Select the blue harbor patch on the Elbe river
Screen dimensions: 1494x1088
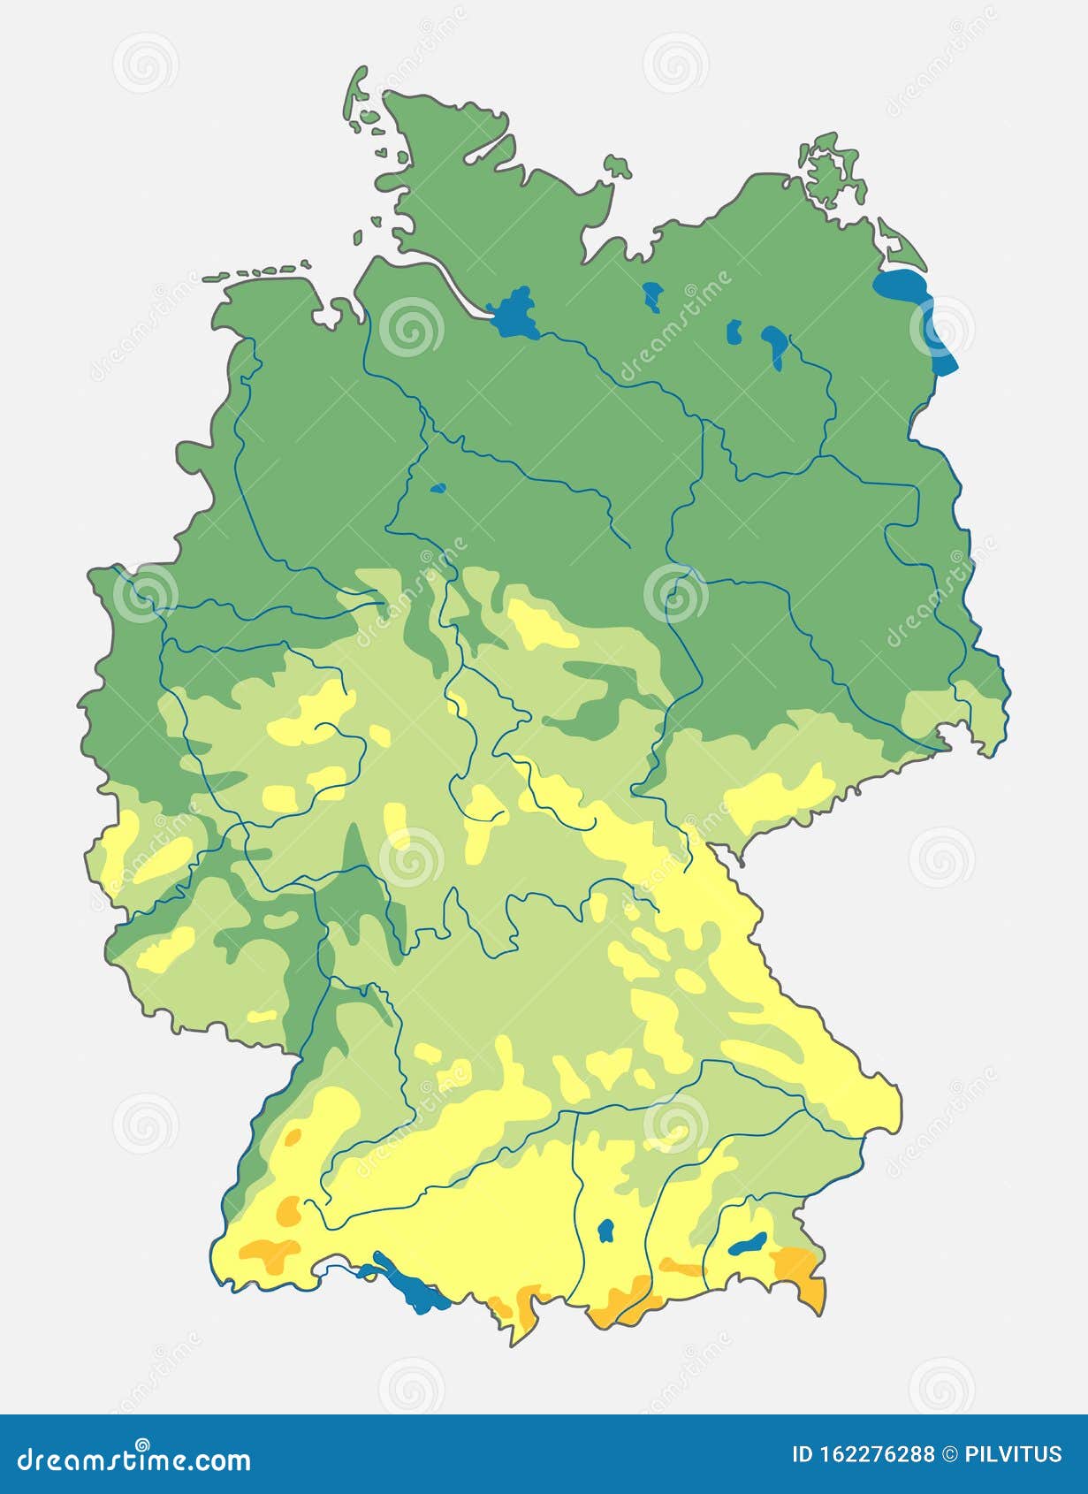[x=513, y=314]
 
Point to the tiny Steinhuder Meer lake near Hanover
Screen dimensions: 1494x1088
[x=437, y=487]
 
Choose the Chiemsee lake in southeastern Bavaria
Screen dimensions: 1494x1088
[x=748, y=1243]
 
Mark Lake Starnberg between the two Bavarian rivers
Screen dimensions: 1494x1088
[x=606, y=1230]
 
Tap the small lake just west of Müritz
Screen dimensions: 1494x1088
[x=733, y=332]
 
